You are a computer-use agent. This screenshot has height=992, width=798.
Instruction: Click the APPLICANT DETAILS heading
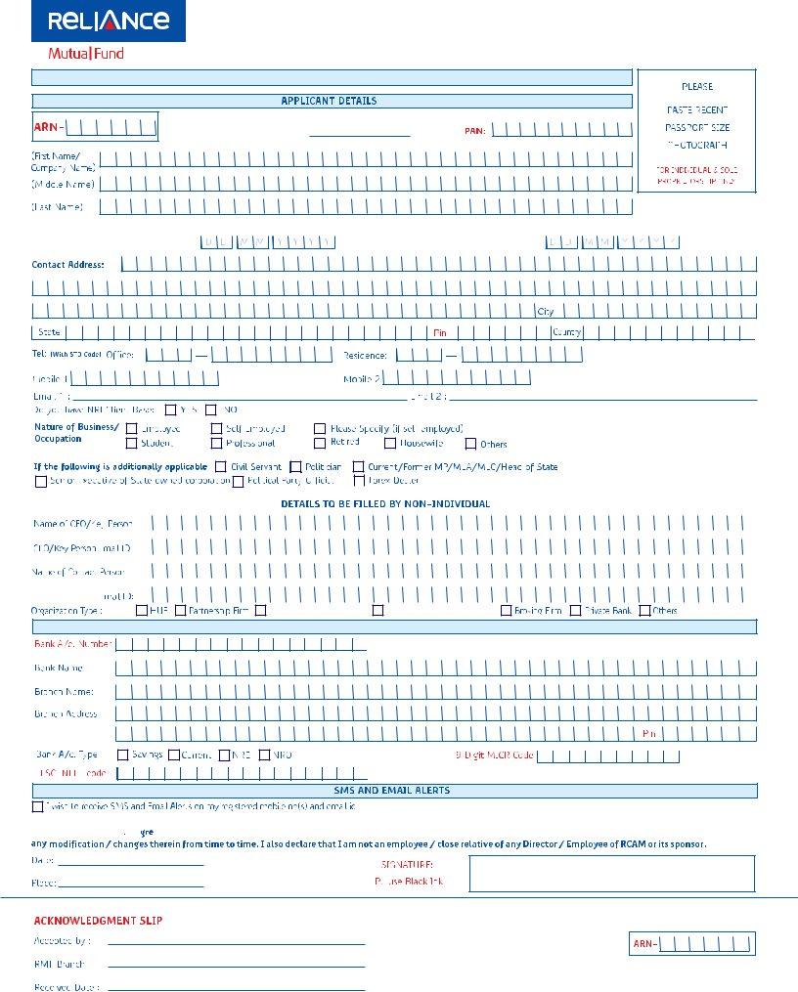[329, 101]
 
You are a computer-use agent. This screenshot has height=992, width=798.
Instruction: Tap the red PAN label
[474, 130]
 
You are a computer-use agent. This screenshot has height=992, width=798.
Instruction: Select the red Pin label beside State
[439, 332]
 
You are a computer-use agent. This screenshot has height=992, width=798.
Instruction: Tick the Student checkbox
[132, 444]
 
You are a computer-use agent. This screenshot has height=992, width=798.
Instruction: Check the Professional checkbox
[217, 444]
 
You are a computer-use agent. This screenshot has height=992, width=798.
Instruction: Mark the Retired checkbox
[320, 444]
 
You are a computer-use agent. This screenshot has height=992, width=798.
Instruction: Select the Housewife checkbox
[390, 444]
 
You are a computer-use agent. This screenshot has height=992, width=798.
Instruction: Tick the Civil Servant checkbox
[220, 467]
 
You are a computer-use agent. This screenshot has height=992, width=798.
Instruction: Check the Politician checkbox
[295, 467]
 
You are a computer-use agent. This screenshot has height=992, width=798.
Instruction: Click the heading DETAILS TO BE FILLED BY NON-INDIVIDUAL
[385, 503]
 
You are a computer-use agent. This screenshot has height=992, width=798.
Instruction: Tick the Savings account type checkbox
[123, 755]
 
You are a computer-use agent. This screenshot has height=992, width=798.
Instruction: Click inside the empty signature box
[611, 873]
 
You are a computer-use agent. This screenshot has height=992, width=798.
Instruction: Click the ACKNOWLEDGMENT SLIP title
[85, 921]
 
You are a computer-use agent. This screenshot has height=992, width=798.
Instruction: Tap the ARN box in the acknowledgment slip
[691, 943]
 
